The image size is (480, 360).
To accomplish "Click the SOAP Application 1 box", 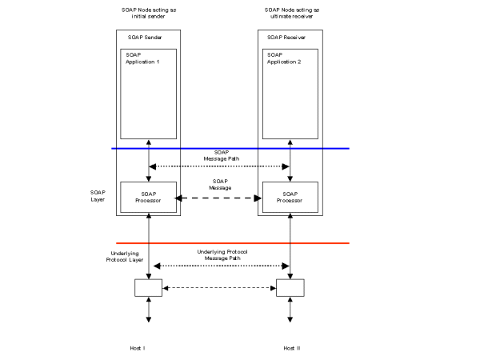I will coord(149,93).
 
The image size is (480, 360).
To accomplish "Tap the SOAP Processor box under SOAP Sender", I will coord(149,197).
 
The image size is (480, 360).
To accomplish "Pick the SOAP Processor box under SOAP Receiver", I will coord(289,197).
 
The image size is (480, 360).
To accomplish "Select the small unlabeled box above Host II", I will coord(290,287).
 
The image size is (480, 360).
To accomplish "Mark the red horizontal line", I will coord(232,242).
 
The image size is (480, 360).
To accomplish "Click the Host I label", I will coord(138,349).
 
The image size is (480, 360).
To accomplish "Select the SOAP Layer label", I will coord(98,195).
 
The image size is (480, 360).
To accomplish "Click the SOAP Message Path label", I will coord(220,155).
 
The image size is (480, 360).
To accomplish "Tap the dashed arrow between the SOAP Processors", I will coord(220,198).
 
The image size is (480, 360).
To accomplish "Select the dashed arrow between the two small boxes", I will coord(219,287).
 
